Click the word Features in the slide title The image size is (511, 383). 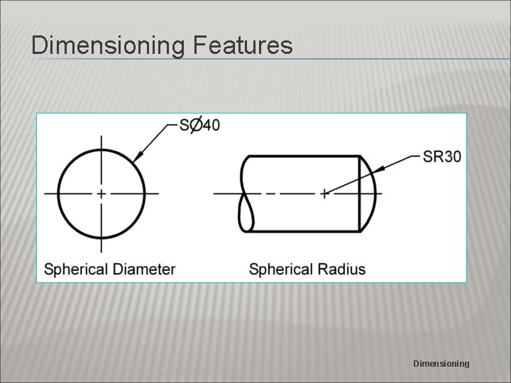click(x=241, y=45)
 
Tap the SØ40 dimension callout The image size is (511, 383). click(x=199, y=125)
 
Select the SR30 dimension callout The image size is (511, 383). click(x=442, y=156)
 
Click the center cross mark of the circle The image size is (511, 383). click(x=101, y=193)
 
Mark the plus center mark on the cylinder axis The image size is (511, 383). click(x=324, y=193)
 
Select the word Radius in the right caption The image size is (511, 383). click(x=342, y=270)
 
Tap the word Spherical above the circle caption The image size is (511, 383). click(x=75, y=270)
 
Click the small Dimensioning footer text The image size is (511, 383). click(x=441, y=363)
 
